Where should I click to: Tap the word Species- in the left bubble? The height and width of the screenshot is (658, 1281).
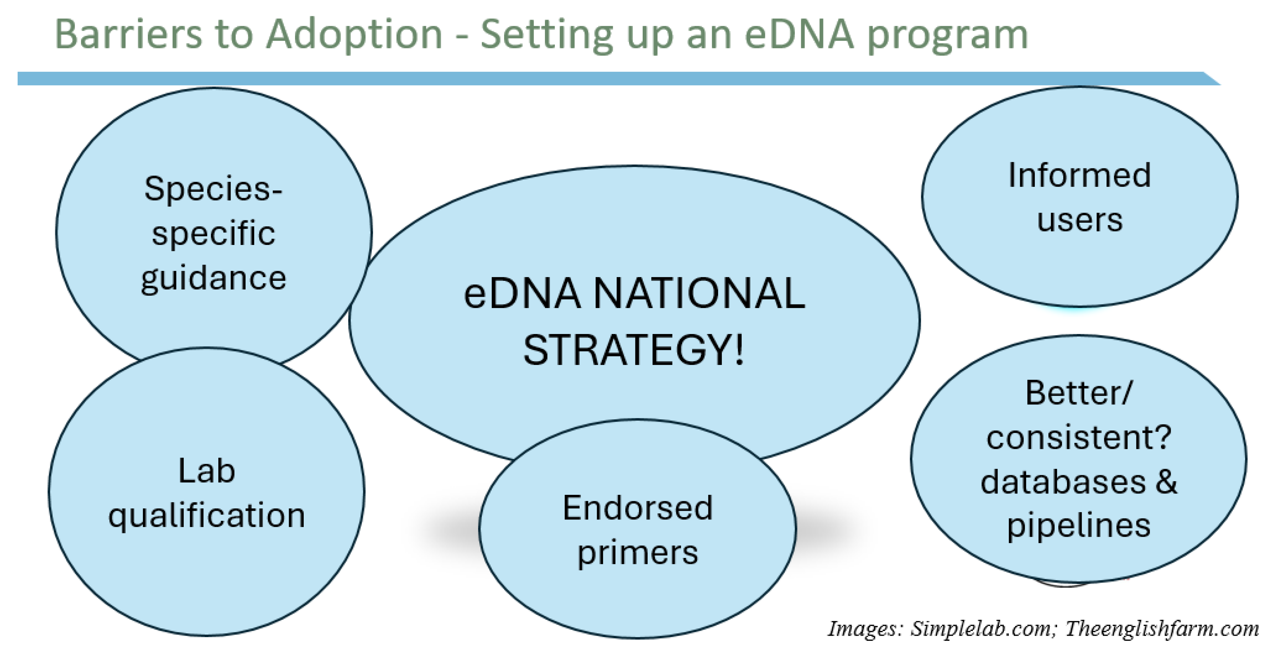213,189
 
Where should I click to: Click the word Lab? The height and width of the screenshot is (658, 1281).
206,471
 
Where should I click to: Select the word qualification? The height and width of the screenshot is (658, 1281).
206,516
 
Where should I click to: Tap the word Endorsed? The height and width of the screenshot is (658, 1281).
638,508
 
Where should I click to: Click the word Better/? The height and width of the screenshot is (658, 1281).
1078,393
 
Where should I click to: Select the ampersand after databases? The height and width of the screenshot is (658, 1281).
1166,482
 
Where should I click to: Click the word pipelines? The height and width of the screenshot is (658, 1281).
1079,526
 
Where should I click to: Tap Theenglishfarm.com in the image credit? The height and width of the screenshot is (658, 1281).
1162,629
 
